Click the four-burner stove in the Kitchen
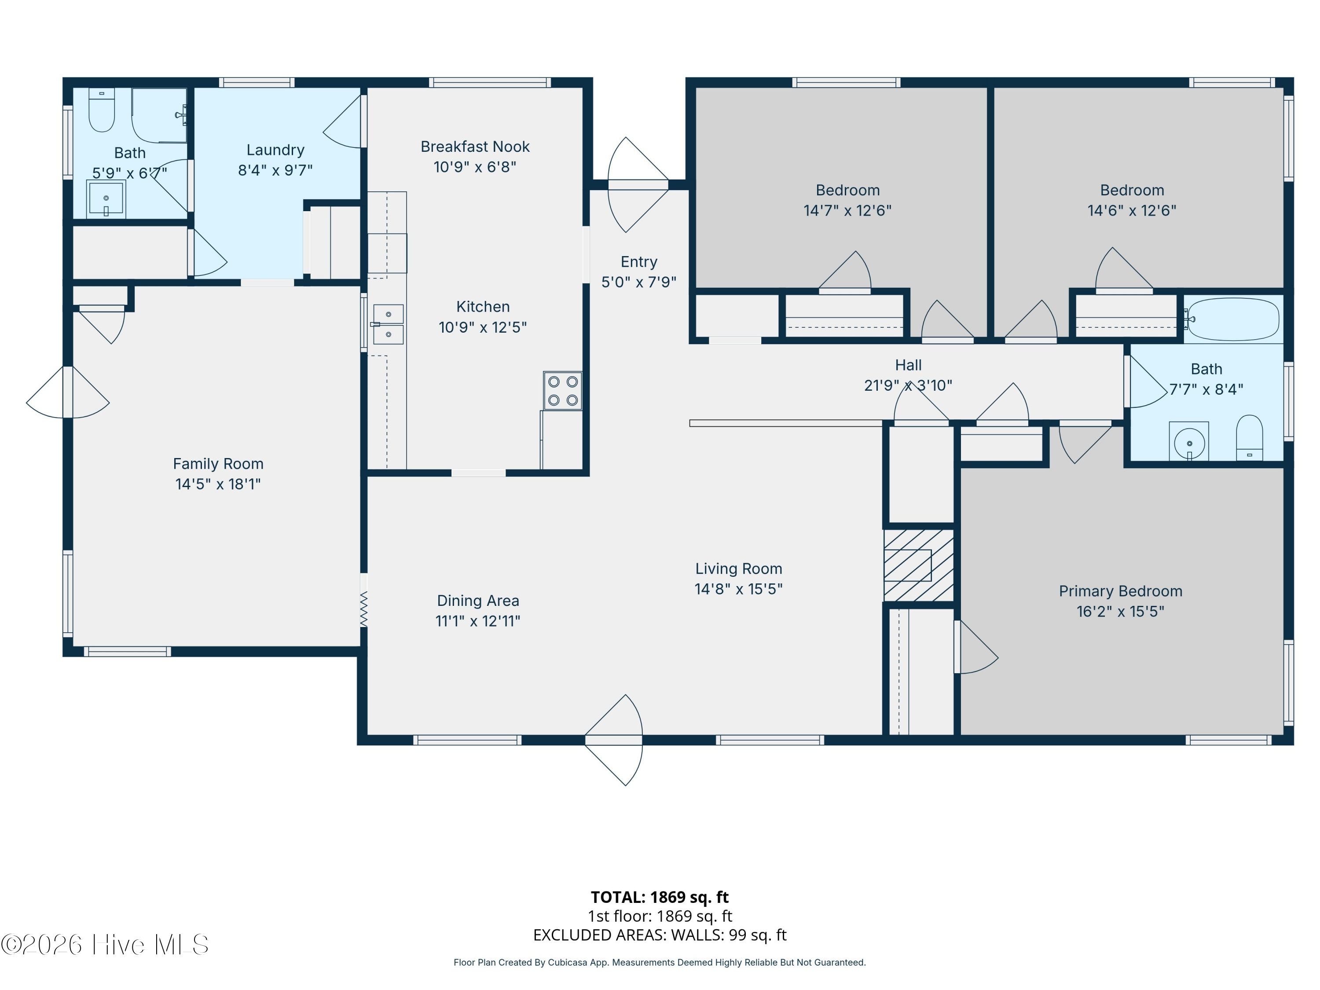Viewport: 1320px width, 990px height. click(562, 391)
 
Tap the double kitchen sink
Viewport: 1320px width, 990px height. click(388, 324)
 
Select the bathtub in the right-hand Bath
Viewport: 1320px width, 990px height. click(1233, 319)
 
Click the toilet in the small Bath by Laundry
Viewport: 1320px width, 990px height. click(102, 110)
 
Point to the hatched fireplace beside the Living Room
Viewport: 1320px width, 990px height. click(918, 565)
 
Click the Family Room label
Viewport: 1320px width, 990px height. click(218, 464)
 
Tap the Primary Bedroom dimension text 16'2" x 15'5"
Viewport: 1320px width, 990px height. click(1120, 611)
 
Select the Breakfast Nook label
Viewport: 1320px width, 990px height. click(475, 147)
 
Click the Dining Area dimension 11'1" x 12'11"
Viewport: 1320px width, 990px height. click(477, 620)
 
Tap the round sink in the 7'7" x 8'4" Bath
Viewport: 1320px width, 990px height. click(1189, 442)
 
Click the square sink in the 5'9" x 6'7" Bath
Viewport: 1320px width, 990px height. click(106, 199)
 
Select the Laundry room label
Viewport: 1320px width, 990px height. click(275, 150)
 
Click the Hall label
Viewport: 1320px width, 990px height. click(908, 365)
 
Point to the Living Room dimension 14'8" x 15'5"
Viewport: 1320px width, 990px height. click(738, 589)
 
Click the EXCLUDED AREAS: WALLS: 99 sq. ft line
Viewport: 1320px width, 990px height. click(660, 935)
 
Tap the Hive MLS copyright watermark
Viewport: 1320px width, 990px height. click(104, 945)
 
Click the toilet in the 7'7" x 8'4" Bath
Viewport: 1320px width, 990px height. click(1249, 437)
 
